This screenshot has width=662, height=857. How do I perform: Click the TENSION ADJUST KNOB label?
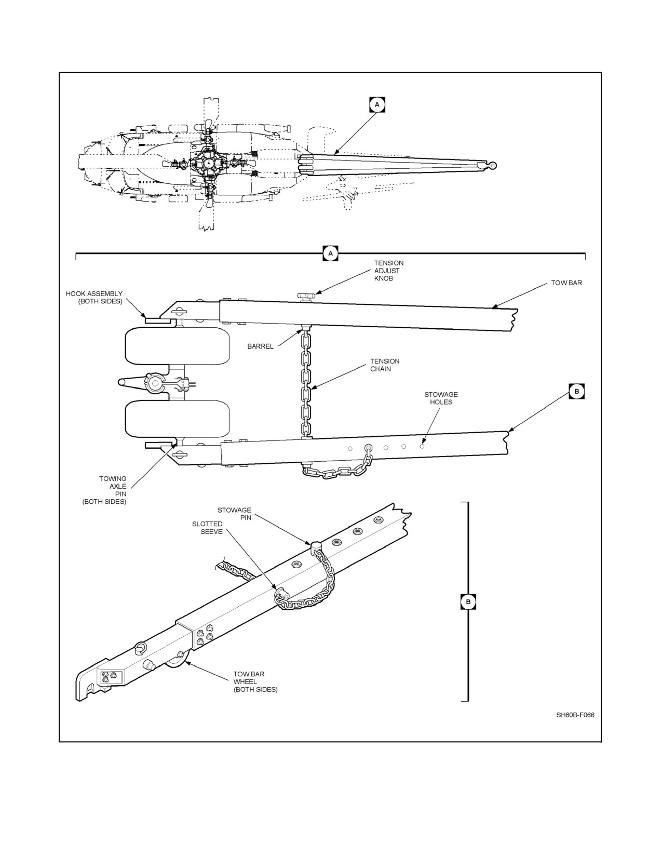pyautogui.click(x=389, y=271)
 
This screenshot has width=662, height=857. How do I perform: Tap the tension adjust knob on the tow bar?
pyautogui.click(x=306, y=296)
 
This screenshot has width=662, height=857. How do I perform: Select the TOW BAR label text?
pyautogui.click(x=566, y=283)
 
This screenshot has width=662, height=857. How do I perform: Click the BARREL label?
pyautogui.click(x=260, y=346)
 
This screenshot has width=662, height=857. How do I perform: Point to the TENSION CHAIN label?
pyautogui.click(x=384, y=365)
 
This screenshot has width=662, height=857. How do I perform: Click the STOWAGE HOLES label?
pyautogui.click(x=441, y=398)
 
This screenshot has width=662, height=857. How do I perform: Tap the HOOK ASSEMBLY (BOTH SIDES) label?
pyautogui.click(x=94, y=298)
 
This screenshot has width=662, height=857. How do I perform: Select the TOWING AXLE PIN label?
pyautogui.click(x=104, y=490)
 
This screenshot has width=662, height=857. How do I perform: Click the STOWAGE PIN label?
pyautogui.click(x=234, y=514)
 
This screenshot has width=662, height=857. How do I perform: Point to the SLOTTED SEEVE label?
pyautogui.click(x=207, y=528)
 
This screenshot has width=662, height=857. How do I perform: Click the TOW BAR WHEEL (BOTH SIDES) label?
pyautogui.click(x=255, y=681)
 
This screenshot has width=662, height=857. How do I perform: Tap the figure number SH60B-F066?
pyautogui.click(x=575, y=715)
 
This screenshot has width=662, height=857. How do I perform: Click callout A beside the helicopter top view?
pyautogui.click(x=377, y=104)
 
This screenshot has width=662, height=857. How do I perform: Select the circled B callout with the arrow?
pyautogui.click(x=576, y=391)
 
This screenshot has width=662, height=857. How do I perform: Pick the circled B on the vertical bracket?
pyautogui.click(x=468, y=602)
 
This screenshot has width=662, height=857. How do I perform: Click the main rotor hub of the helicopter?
pyautogui.click(x=207, y=163)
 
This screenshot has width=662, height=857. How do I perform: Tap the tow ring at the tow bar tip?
pyautogui.click(x=492, y=166)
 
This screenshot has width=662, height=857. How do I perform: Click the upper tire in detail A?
pyautogui.click(x=178, y=345)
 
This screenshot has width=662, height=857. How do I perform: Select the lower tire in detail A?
pyautogui.click(x=178, y=419)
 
